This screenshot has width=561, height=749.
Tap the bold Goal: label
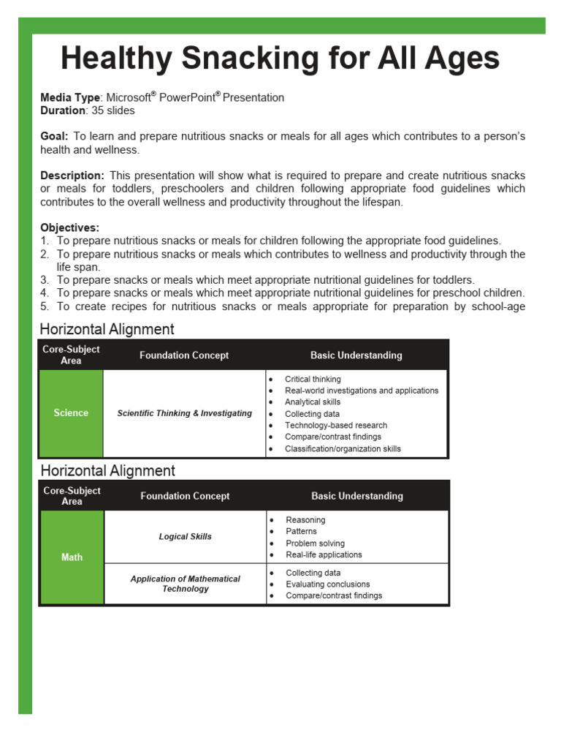54,137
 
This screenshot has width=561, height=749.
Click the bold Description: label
72,176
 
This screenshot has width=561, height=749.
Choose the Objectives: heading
70,227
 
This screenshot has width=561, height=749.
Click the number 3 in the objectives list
45,279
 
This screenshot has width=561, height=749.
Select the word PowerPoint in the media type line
187,98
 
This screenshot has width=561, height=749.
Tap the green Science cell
71,413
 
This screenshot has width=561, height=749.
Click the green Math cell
72,557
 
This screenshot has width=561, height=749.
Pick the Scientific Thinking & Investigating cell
184,413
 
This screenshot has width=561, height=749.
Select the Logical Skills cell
185,537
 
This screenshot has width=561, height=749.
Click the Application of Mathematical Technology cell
185,584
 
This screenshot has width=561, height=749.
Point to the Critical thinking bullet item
313,380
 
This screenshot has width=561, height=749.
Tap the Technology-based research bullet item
336,426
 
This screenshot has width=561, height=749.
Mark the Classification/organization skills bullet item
343,449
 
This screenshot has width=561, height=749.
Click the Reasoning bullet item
305,520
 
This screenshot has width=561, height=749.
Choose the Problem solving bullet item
315,543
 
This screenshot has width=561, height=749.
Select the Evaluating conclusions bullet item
327,584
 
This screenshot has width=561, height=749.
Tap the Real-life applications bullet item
324,555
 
